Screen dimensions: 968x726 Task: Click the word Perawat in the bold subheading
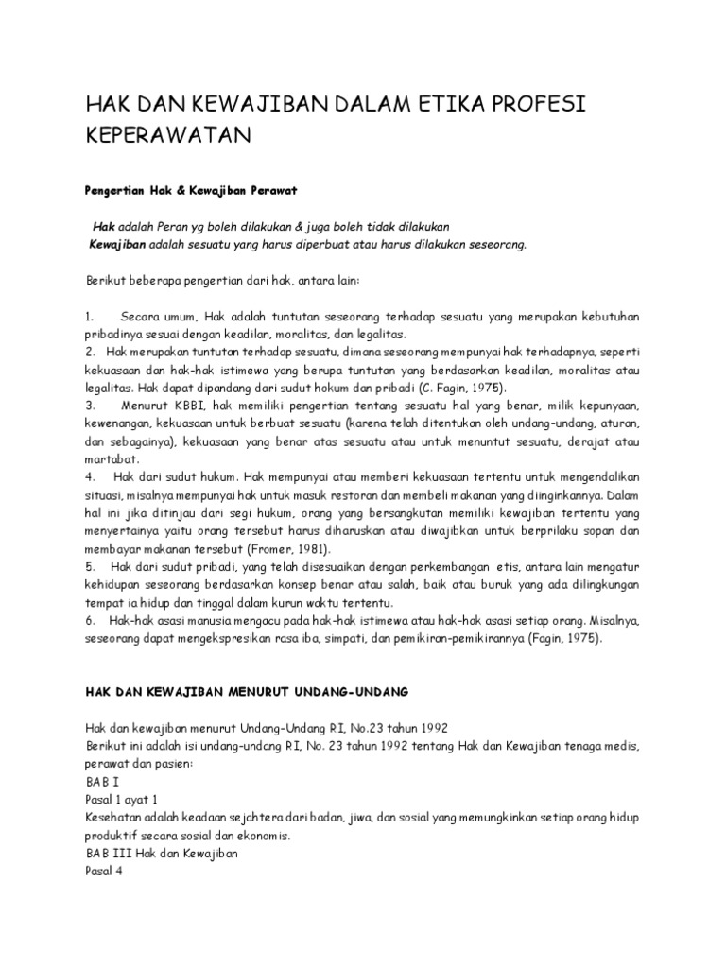tap(271, 190)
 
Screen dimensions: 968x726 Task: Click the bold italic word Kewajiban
tap(118, 243)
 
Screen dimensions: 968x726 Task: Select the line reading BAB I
tap(98, 783)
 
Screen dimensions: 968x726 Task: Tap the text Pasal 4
tap(104, 873)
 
